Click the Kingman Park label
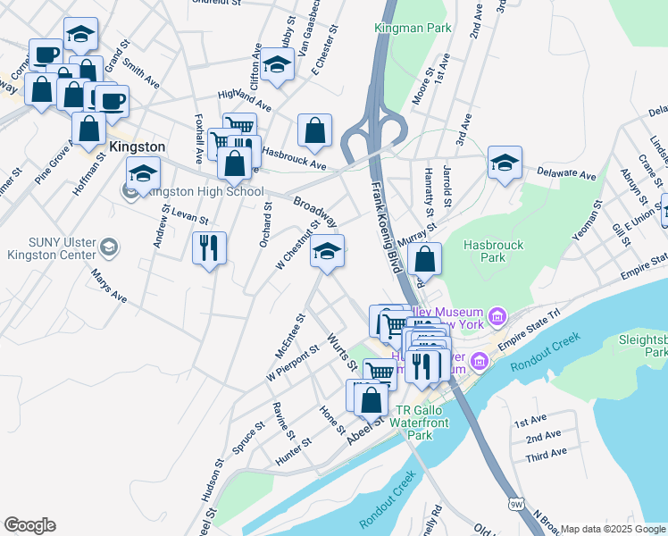tap(413, 28)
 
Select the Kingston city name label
tap(137, 147)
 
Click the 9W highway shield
tap(515, 505)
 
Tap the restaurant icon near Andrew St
tap(209, 247)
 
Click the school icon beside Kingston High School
tap(142, 174)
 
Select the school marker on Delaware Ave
tap(505, 162)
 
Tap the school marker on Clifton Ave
tap(278, 65)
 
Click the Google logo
tap(29, 524)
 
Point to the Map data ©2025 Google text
tap(613, 529)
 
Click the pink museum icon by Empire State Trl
tap(497, 316)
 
